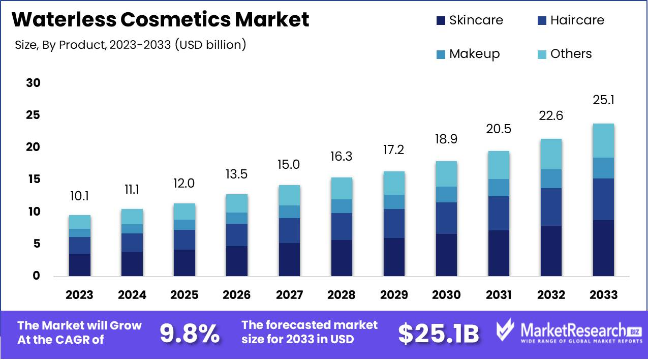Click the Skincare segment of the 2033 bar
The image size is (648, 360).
coord(603,248)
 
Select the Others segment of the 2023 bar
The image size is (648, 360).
coord(80,222)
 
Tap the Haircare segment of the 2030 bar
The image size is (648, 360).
coord(446,218)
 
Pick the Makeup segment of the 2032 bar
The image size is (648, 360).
coord(551,178)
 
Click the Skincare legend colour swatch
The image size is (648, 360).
coord(440,21)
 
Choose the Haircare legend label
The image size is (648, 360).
coord(577,20)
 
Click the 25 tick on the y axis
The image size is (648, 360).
coord(33,115)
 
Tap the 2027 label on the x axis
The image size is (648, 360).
coord(289,295)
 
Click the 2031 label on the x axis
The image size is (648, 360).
coord(499,295)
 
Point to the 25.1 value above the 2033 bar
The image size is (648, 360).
coord(603,100)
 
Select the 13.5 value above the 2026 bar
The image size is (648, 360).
coord(237,174)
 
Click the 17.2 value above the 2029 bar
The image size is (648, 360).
coord(394,151)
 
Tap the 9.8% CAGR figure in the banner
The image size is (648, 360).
coord(190,334)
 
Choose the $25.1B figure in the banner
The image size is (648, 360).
coord(438,334)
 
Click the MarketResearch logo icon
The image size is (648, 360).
coord(507,331)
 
